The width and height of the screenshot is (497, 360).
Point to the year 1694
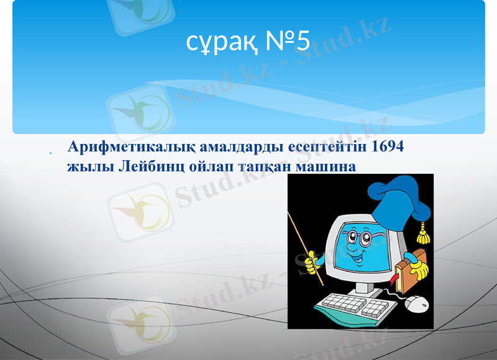pos(387,148)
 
